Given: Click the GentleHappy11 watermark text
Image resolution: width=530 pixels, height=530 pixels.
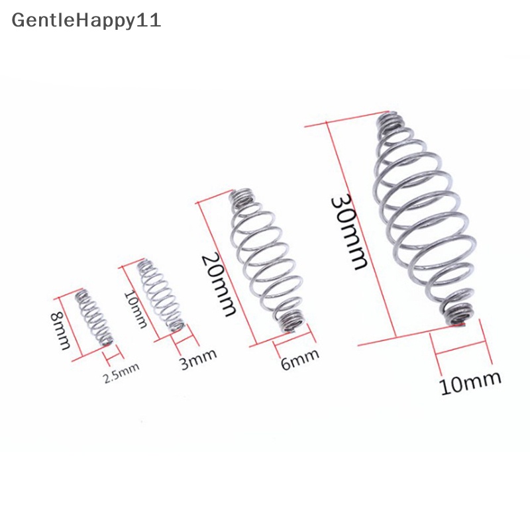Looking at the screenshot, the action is tap(86, 20).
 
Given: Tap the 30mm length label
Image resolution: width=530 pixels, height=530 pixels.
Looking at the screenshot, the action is tap(350, 231).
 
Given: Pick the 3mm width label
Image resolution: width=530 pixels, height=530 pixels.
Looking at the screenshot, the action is tap(199, 356).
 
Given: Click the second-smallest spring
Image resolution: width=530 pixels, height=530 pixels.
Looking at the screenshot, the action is tap(160, 295).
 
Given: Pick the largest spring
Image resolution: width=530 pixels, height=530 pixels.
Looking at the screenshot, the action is tap(421, 219).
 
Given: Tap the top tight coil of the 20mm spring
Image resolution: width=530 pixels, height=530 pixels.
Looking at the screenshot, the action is tap(242, 197).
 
